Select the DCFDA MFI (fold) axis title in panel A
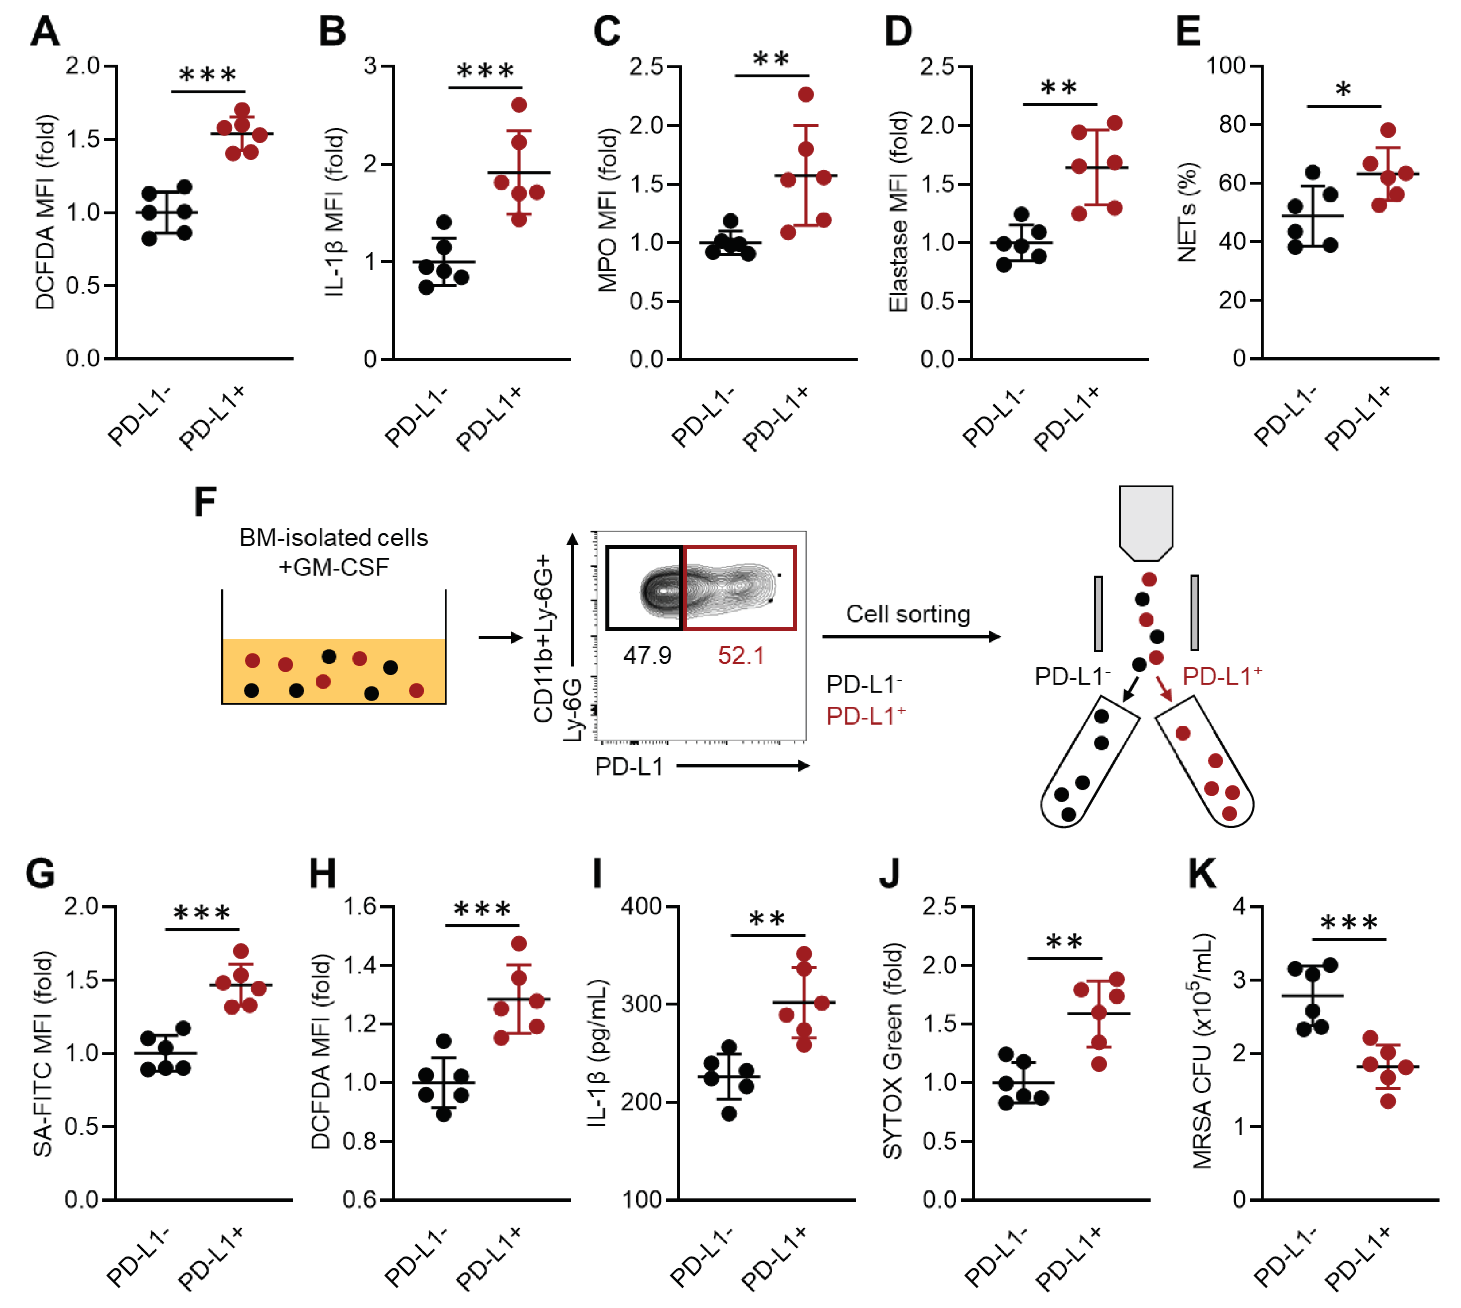click(x=45, y=212)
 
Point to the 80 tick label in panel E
click(x=1231, y=124)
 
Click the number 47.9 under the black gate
click(x=647, y=655)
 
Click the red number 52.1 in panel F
click(x=741, y=655)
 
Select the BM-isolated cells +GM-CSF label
click(x=334, y=552)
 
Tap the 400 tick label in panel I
click(x=641, y=906)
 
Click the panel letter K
click(x=1202, y=874)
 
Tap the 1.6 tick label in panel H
click(x=360, y=906)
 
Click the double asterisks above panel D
click(x=1058, y=88)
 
